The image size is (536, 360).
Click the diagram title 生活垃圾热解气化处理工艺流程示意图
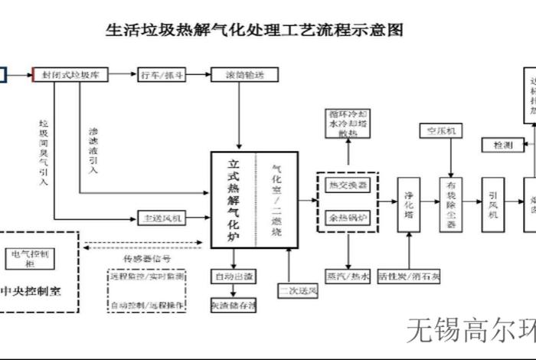pyautogui.click(x=253, y=31)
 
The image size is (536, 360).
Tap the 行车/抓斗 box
pyautogui.click(x=162, y=74)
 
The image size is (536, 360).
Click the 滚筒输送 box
pyautogui.click(x=240, y=74)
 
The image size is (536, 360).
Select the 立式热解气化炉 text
pyautogui.click(x=233, y=199)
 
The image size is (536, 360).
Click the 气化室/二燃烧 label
pyautogui.click(x=276, y=199)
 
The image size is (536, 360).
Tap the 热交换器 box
pyautogui.click(x=348, y=185)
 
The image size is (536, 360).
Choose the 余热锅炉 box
pyautogui.click(x=348, y=218)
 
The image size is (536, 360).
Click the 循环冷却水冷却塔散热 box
pyautogui.click(x=348, y=123)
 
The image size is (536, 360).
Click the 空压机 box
pyautogui.click(x=440, y=131)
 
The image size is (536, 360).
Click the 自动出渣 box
pyautogui.click(x=234, y=275)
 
